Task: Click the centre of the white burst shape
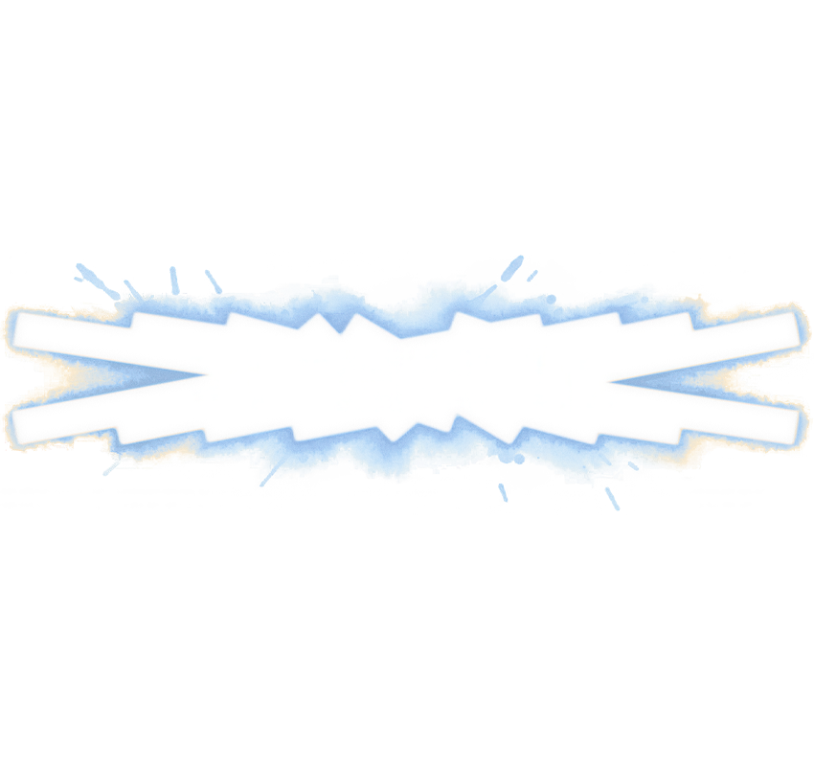[x=407, y=376]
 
